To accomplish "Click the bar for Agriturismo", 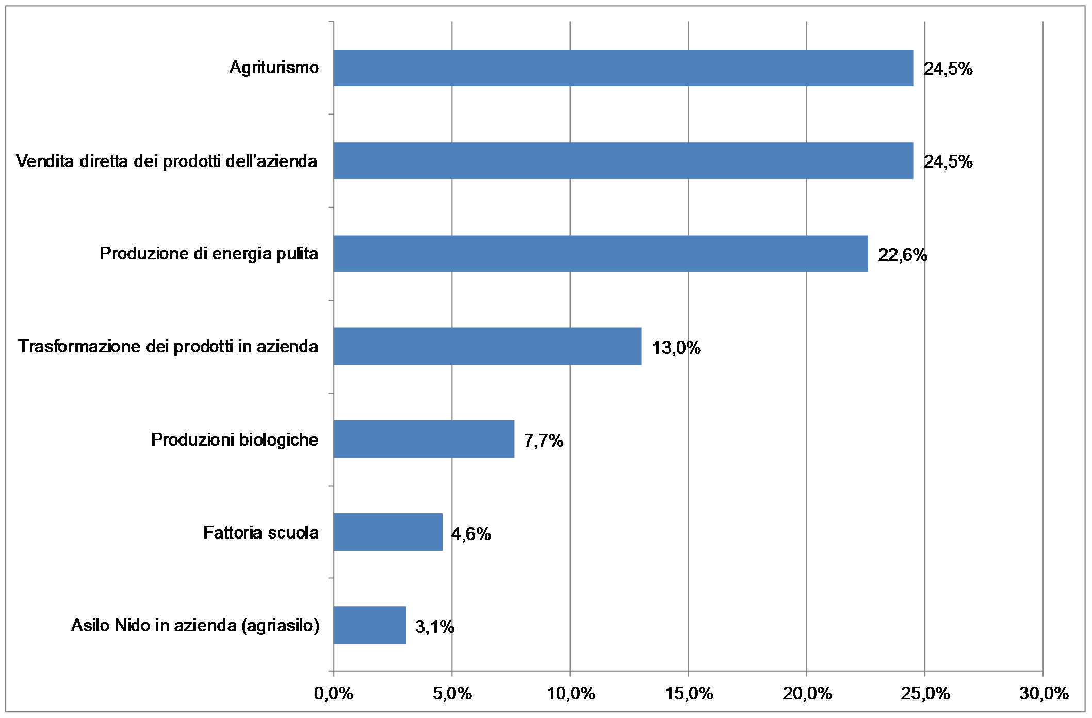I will [623, 68].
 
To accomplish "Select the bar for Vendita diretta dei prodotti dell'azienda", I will [623, 161].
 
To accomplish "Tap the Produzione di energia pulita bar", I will [600, 254].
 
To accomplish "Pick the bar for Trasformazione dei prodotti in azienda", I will [487, 346].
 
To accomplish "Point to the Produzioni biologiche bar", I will [424, 439].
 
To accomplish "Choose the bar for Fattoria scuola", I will [388, 532].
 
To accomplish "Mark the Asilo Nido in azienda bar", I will [370, 625].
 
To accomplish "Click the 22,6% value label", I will [902, 255].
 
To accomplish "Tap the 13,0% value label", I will [676, 348].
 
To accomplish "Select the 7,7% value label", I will [543, 440].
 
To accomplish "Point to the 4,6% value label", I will [471, 534].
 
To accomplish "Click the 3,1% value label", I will [434, 627].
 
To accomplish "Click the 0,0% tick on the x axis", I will [334, 694].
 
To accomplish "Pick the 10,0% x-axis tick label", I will [571, 694].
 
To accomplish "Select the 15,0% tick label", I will [689, 694].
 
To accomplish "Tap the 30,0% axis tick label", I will [1043, 694].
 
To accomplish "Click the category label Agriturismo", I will [274, 68].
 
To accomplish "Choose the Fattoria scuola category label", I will [260, 532].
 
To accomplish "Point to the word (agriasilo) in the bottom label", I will [280, 625].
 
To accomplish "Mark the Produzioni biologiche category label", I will [234, 439].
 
